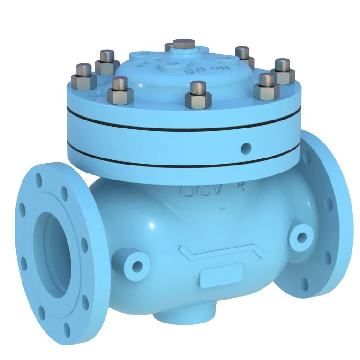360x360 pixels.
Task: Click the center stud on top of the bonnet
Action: [x=184, y=44]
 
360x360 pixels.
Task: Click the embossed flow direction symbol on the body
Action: [x=221, y=254]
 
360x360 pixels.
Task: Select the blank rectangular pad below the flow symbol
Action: [x=221, y=276]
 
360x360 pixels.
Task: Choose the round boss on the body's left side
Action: [x=137, y=266]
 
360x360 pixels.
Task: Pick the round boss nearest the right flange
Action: [x=300, y=236]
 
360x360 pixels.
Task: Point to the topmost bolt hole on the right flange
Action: [x=307, y=157]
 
